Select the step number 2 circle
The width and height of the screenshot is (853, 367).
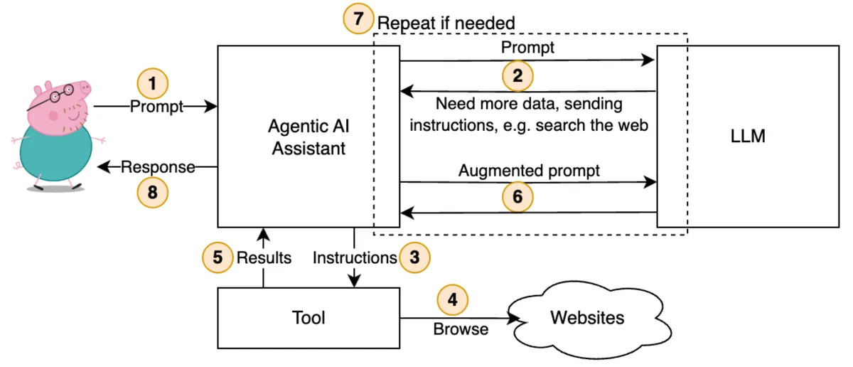(x=517, y=75)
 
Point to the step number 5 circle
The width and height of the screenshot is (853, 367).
(x=217, y=257)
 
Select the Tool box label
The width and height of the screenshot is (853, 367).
(x=309, y=317)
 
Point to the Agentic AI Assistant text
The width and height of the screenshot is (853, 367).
(x=309, y=137)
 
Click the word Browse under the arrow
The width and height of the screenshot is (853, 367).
(x=461, y=329)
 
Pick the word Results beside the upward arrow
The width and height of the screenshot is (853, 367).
(x=264, y=257)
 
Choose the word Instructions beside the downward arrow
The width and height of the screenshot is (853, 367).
(x=354, y=257)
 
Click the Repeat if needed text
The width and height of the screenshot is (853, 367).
(x=446, y=23)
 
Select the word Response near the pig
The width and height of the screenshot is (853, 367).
(x=157, y=167)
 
